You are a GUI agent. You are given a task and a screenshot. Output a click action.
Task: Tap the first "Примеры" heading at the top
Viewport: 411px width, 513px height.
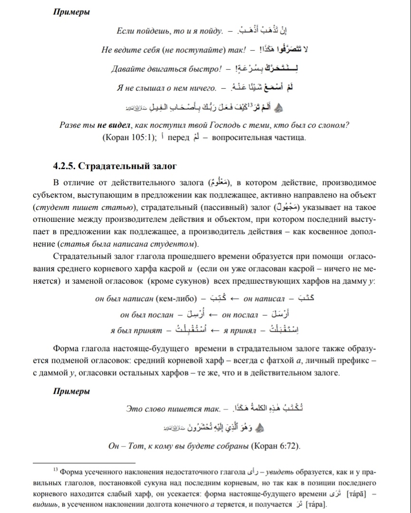click(71, 12)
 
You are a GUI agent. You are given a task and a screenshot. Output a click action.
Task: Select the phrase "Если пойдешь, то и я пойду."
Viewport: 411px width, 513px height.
click(170, 31)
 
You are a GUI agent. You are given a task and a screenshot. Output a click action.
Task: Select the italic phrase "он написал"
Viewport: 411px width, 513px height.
click(264, 298)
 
